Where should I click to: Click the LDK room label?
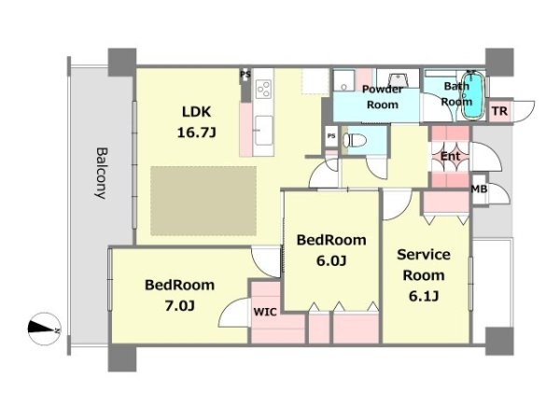[x=196, y=112]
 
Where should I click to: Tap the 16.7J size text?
[x=196, y=133]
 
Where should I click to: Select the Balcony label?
[x=101, y=174]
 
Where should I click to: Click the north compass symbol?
[x=44, y=329]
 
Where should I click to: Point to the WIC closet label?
[x=265, y=312]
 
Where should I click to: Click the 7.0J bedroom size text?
[x=179, y=306]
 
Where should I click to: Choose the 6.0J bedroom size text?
[x=331, y=261]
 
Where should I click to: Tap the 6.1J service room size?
[x=424, y=296]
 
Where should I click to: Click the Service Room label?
[x=424, y=265]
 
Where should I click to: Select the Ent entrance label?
[x=450, y=156]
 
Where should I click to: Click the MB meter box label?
[x=479, y=189]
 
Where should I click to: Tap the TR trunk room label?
[x=499, y=111]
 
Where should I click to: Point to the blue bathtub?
[x=473, y=95]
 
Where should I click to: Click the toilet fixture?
[x=355, y=140]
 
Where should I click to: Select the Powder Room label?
[x=383, y=97]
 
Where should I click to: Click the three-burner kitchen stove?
[x=264, y=88]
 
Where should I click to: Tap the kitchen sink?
[x=264, y=131]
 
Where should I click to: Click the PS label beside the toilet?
[x=331, y=136]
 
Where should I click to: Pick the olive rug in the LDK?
[x=203, y=201]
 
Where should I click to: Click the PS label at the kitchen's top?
[x=245, y=75]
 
